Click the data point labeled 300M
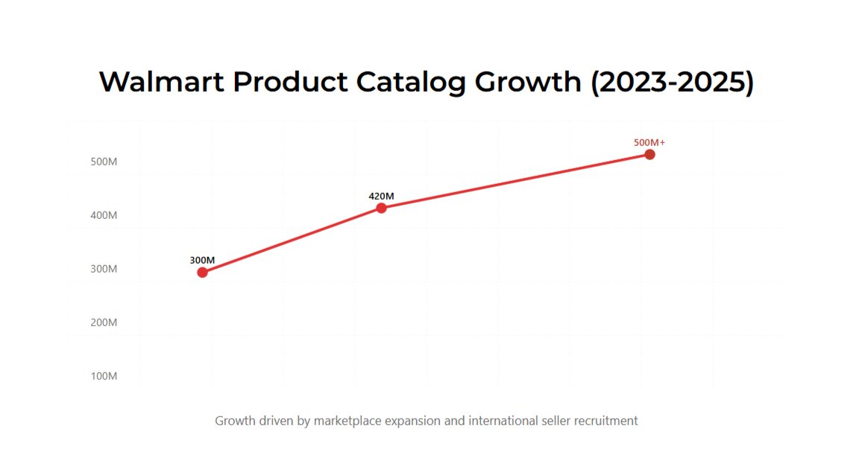point(202,272)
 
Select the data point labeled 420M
point(381,208)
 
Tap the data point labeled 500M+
point(650,154)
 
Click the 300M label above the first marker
point(202,260)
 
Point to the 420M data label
point(381,196)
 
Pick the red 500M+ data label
point(650,142)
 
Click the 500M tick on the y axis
point(104,162)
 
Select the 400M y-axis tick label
point(104,215)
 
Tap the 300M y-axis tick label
point(104,269)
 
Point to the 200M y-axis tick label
point(104,322)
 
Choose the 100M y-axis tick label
point(104,376)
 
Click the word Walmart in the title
point(160,82)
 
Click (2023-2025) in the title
point(672,82)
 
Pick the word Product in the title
point(290,82)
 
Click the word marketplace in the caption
point(347,421)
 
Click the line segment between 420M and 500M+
point(515,181)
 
